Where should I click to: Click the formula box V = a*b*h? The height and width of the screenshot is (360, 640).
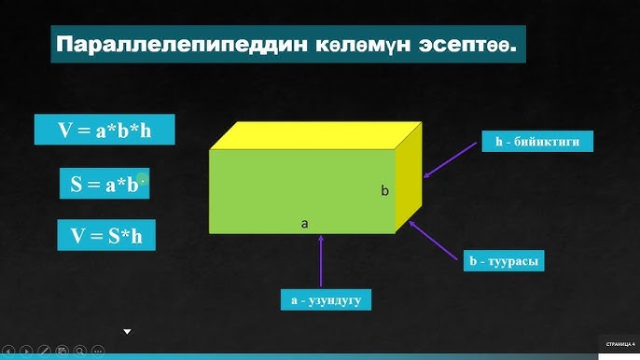[x=104, y=130]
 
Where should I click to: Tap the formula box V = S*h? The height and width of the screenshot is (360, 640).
[x=105, y=235]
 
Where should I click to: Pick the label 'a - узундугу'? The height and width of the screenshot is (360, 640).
[x=326, y=299]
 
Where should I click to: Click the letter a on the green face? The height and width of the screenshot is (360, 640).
[x=304, y=224]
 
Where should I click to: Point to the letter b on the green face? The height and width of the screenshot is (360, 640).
[x=384, y=191]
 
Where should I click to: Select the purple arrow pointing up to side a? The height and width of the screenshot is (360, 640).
[x=321, y=260]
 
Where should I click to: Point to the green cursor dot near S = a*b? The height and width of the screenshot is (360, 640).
[x=142, y=177]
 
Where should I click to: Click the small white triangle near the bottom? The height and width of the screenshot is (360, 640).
[x=128, y=330]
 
